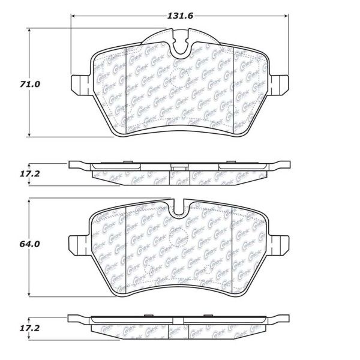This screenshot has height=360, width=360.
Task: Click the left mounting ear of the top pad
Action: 80,83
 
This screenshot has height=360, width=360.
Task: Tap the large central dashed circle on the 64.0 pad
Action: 178,239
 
